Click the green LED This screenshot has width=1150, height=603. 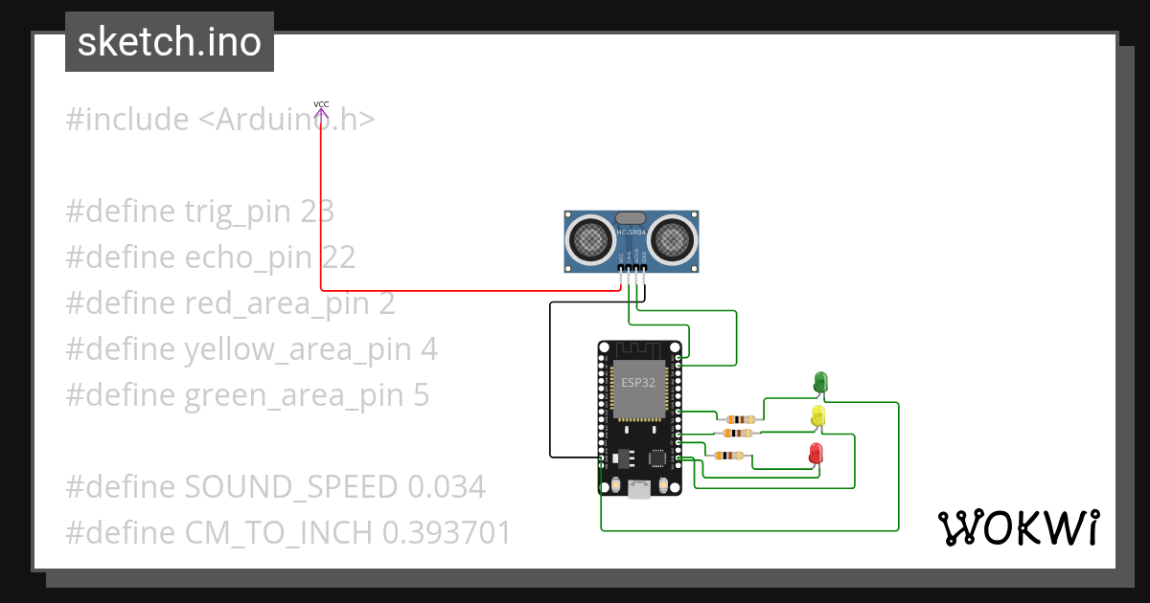(820, 381)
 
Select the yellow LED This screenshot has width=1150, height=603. (817, 415)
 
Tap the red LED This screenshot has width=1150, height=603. (816, 452)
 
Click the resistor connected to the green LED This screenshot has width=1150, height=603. (740, 419)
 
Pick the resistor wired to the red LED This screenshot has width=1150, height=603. (732, 456)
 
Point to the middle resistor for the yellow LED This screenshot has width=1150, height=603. (735, 433)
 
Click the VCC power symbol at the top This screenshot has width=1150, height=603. (321, 109)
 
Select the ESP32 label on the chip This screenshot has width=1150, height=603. (638, 382)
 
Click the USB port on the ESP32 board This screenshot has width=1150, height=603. (639, 489)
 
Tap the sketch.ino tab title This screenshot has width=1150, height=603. (170, 43)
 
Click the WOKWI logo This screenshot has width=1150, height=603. (1018, 527)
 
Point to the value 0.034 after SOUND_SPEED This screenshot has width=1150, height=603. (446, 487)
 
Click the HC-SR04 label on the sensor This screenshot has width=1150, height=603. (632, 233)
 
